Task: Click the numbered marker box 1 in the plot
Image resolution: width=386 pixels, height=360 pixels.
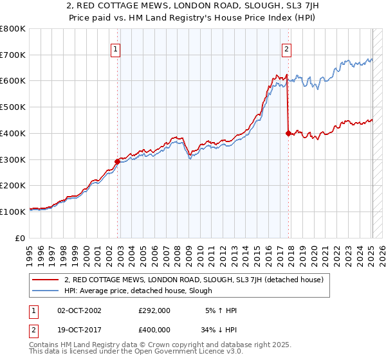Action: pos(115,49)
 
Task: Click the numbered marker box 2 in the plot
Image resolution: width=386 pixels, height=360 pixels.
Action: pos(286,49)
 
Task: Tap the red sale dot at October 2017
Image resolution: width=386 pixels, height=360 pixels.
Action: pos(288,133)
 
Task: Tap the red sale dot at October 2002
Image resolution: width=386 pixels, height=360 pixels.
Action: pos(117,161)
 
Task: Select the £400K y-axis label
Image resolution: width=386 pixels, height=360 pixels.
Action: pos(14,133)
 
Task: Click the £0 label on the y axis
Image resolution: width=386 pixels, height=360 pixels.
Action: pos(21,238)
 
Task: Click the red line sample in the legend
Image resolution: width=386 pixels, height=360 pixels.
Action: pos(46,280)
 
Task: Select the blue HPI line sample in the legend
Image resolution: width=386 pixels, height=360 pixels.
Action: pos(46,291)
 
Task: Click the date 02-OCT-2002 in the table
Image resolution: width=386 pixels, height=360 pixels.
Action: pos(79,310)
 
